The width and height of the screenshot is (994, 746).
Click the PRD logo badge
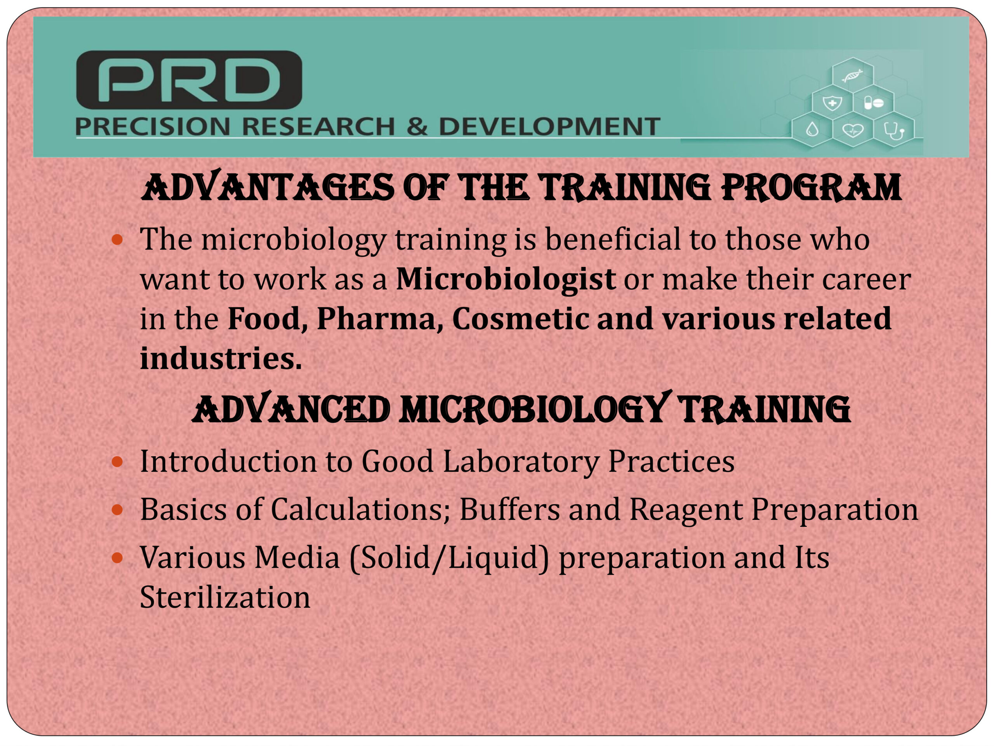pos(189,80)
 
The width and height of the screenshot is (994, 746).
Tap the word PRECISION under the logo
pos(153,126)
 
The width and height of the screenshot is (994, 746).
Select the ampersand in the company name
pos(417,126)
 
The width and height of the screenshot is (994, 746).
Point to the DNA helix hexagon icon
pos(852,75)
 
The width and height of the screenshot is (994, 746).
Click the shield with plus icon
pos(832,103)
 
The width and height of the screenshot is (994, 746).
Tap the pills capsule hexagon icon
pos(874,103)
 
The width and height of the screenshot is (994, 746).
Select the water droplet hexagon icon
pos(812,130)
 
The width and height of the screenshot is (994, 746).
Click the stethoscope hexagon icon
pos(894,131)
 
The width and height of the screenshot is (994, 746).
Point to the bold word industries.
pos(221,358)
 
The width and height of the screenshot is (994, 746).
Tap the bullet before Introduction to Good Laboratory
pos(117,462)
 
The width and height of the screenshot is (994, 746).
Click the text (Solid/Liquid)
pos(449,558)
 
